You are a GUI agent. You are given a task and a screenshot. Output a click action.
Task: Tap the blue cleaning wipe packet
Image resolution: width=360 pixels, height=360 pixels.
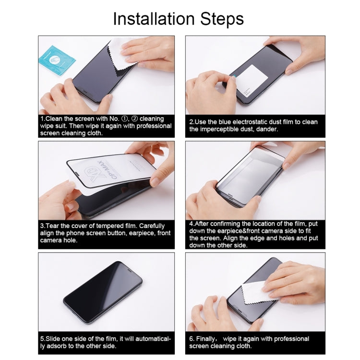coord(56,60)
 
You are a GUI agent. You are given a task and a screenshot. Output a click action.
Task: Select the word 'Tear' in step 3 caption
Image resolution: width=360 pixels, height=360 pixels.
coord(53,226)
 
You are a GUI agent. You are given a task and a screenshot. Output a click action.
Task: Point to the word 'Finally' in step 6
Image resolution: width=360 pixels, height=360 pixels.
coord(209,339)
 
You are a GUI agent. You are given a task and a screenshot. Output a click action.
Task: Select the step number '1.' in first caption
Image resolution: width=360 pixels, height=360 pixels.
coord(43,119)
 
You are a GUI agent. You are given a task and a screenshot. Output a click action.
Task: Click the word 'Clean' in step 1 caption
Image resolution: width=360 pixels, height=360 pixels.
coord(55,119)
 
